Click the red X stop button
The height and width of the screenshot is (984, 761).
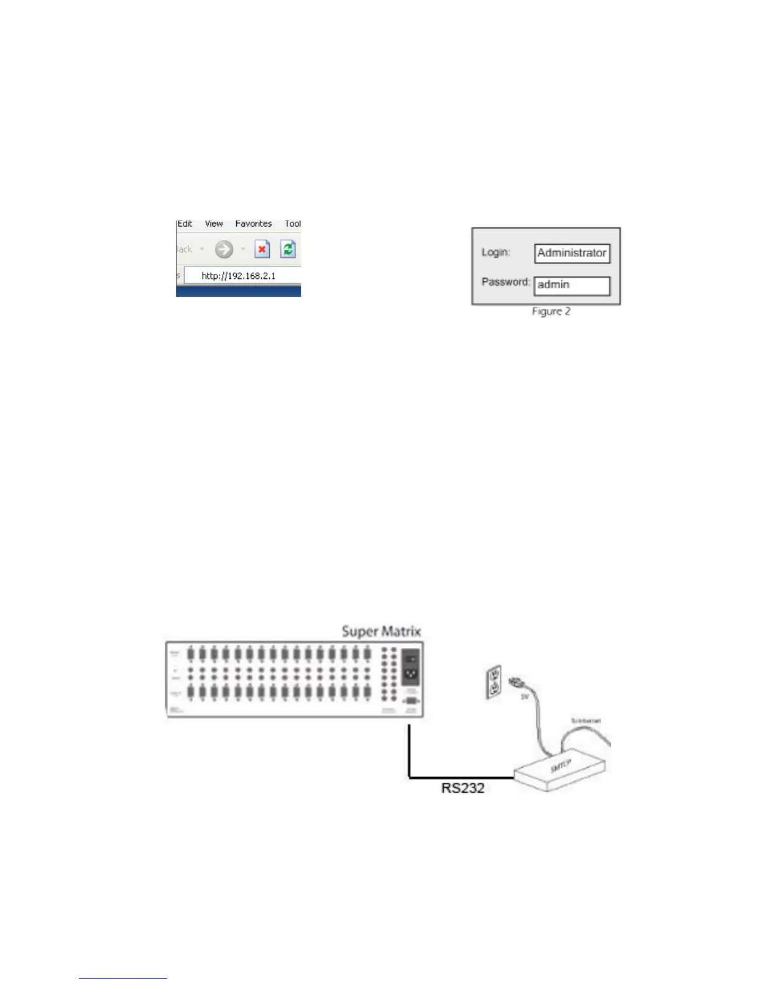262,250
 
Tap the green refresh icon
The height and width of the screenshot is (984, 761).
288,250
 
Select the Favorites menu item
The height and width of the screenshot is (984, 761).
253,224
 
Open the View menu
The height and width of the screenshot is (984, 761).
214,224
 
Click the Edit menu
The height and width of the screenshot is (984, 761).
185,224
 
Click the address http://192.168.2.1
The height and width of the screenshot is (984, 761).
239,276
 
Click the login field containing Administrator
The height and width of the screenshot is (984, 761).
572,253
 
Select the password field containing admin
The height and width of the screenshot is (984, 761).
572,285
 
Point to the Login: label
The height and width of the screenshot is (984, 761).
496,252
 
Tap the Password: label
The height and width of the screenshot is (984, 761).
505,282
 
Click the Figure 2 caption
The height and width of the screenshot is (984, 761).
551,311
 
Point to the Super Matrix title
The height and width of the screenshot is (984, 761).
381,632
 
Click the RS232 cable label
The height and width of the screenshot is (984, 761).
463,788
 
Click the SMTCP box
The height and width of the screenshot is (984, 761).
560,770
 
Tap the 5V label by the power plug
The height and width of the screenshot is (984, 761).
524,697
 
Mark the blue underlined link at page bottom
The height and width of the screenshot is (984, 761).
123,978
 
